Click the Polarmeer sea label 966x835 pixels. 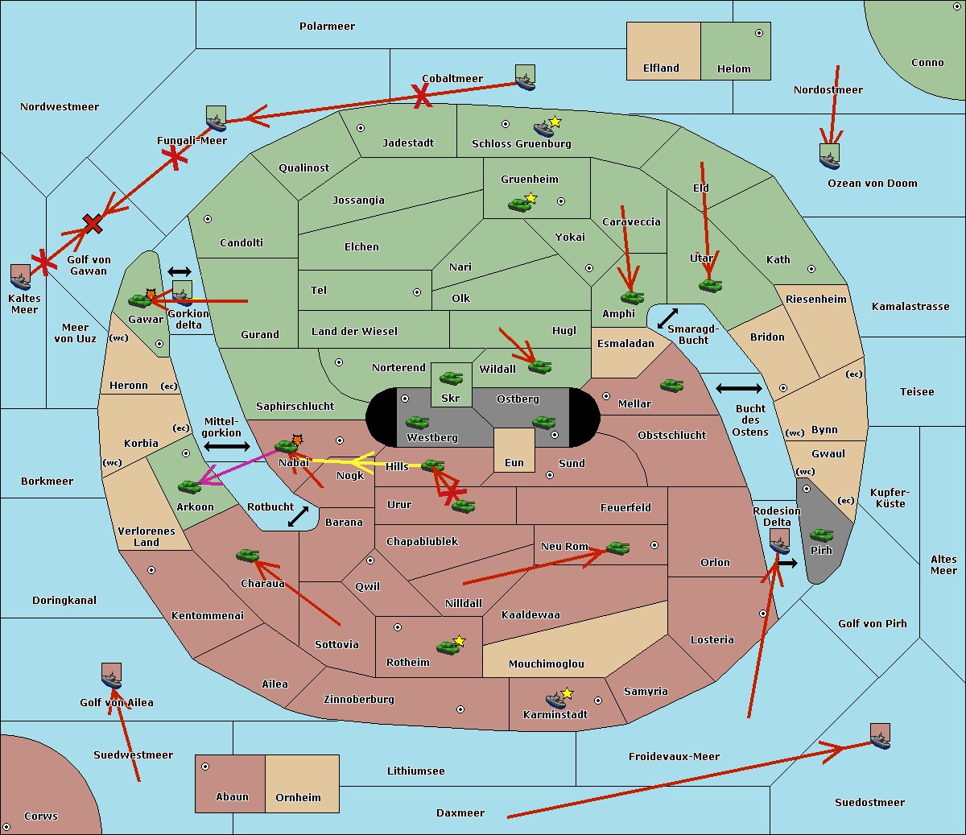point(327,27)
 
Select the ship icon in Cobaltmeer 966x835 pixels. point(525,78)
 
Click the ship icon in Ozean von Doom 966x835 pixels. point(829,157)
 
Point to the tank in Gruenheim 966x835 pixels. point(519,205)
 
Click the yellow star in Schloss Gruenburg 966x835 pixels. point(555,122)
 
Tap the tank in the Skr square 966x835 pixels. point(451,377)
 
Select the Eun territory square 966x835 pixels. point(514,449)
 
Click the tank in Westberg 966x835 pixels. point(417,422)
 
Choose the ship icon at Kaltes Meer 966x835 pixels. point(21,277)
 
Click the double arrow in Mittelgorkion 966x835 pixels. point(227,447)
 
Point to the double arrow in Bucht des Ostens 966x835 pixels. point(738,389)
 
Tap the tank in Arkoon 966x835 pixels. point(189,486)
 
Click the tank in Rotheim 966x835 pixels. point(448,647)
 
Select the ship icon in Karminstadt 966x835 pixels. point(555,700)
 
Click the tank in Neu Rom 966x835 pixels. point(617,548)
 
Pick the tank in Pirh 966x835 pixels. point(821,535)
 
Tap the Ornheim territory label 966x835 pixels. point(298,797)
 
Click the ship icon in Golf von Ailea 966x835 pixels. point(111,676)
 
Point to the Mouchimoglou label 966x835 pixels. point(546,664)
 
